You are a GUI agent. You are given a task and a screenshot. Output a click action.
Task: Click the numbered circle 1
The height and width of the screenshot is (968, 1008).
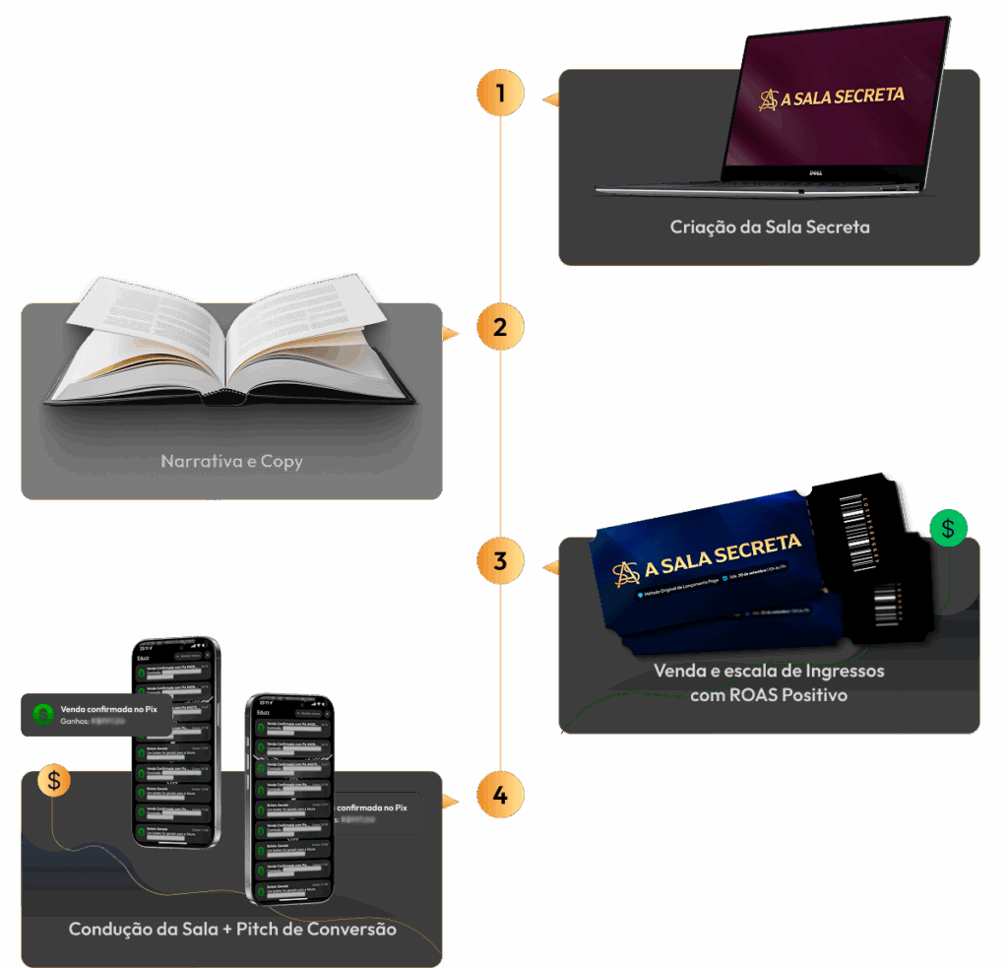500,95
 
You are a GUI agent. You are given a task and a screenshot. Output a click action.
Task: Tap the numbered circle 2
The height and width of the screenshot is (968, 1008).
500,328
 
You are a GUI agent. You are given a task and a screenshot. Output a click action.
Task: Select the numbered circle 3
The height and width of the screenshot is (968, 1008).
500,561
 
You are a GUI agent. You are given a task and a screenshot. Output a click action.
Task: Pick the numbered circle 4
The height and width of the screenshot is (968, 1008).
500,795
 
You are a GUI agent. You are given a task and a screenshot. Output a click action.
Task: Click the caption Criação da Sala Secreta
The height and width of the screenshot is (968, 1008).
769,226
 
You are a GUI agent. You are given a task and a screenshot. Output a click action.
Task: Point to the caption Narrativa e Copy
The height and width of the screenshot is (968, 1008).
231,460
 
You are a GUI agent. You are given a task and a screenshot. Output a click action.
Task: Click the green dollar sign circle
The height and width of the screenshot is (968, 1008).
948,528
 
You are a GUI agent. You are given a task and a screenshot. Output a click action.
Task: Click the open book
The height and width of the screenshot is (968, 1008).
232,344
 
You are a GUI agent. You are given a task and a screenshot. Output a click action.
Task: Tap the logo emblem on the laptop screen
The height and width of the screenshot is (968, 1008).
768,99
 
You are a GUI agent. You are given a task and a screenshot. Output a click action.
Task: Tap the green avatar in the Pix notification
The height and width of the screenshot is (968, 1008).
41,713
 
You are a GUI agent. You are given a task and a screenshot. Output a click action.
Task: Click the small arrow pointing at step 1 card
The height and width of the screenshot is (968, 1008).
551,98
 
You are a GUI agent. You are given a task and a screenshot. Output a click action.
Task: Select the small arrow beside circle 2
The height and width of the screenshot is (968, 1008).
451,333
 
